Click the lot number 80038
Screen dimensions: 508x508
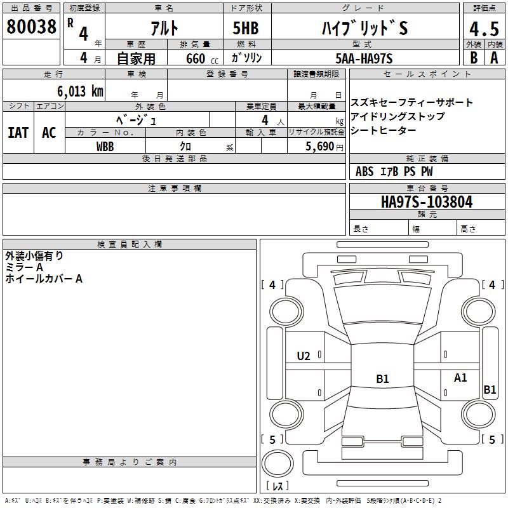pyautogui.click(x=31, y=27)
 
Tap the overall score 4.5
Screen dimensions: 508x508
pyautogui.click(x=483, y=29)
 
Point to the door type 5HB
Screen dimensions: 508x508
pyautogui.click(x=246, y=28)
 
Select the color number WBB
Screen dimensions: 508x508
pyautogui.click(x=105, y=146)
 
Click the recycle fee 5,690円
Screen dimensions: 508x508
pyautogui.click(x=326, y=146)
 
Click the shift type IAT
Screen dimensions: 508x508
pyautogui.click(x=18, y=132)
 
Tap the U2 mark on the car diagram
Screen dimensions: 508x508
pyautogui.click(x=304, y=356)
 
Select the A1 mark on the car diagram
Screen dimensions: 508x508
pyautogui.click(x=460, y=378)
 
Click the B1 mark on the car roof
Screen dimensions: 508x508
pyautogui.click(x=382, y=379)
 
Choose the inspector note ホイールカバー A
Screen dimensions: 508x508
pyautogui.click(x=44, y=279)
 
